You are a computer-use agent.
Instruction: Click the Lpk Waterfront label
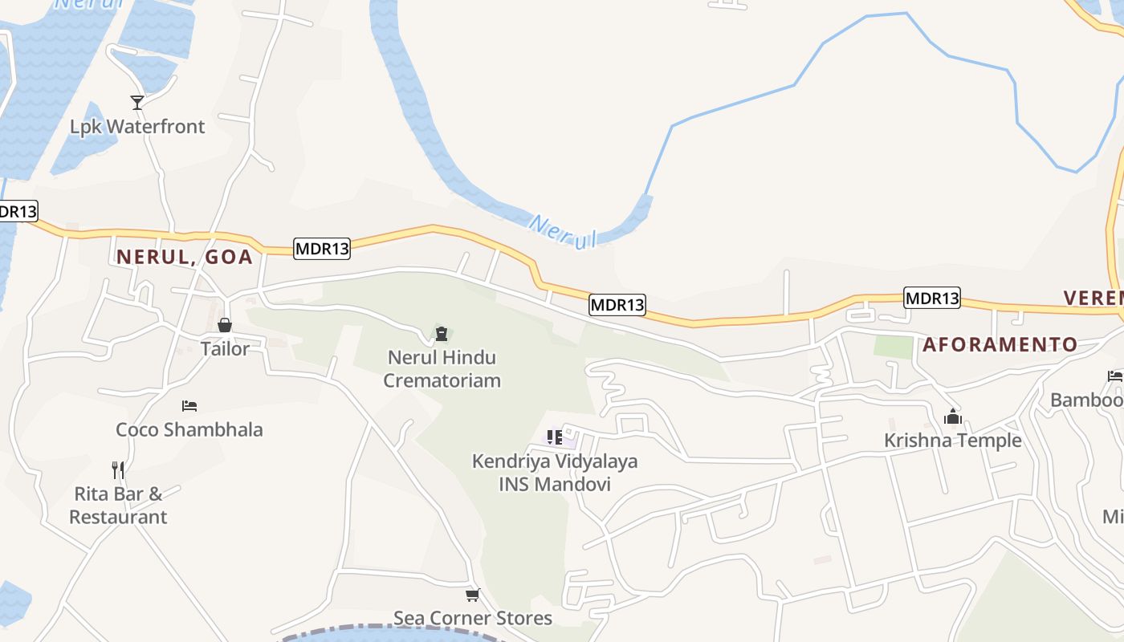point(137,127)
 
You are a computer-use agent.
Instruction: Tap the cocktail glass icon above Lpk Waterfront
point(137,102)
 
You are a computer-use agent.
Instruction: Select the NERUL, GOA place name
point(185,258)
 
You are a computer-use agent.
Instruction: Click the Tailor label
point(225,349)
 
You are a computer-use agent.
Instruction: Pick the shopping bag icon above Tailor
point(225,325)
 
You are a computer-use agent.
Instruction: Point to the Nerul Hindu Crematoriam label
point(442,368)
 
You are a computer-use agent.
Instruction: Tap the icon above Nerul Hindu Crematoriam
point(441,332)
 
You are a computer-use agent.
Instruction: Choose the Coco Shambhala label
point(189,429)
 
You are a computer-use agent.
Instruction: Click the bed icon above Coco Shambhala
point(189,406)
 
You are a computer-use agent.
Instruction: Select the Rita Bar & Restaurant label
point(118,505)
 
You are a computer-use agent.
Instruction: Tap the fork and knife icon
point(118,469)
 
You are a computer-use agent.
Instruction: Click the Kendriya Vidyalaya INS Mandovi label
point(555,473)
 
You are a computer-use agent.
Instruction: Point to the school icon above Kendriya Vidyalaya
point(555,437)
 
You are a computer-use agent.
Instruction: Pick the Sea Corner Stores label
point(473,618)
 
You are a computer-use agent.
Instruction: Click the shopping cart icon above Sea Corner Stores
point(473,595)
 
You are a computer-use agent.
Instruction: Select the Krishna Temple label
point(953,441)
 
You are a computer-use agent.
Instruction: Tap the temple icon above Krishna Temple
point(953,416)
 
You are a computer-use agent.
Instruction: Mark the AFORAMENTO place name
point(1000,345)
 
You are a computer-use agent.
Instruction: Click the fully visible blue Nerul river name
point(563,231)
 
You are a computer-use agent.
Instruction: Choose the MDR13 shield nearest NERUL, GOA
point(322,249)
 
